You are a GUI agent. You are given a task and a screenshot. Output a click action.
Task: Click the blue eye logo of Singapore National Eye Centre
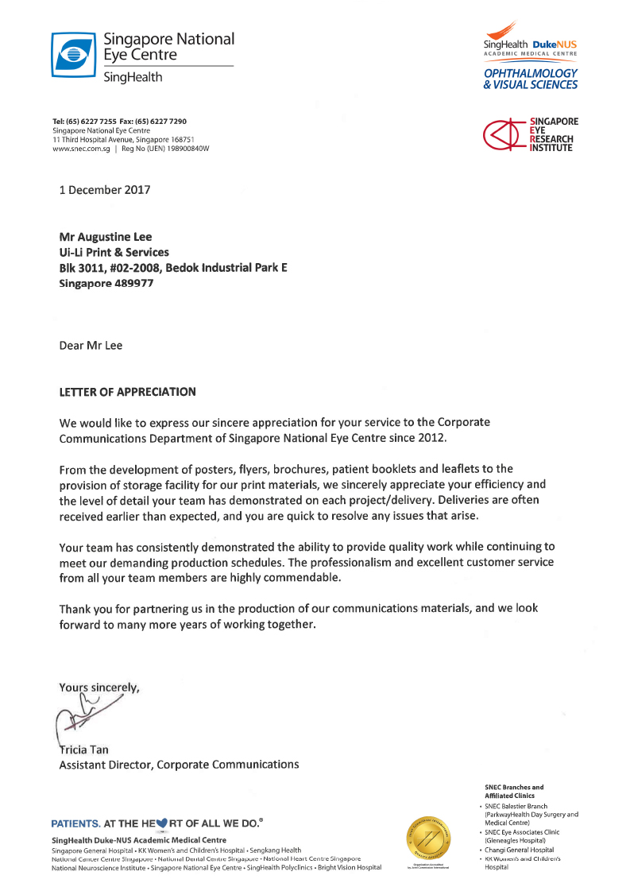coord(73,55)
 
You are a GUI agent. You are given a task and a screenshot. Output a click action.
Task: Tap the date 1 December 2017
coord(105,190)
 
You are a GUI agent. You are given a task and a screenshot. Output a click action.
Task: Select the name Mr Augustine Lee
coord(106,236)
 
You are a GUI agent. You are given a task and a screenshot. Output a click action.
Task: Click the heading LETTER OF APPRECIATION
coord(127,392)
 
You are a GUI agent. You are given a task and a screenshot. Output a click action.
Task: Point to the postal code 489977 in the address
coord(131,283)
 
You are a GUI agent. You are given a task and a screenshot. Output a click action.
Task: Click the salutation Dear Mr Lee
coord(91,345)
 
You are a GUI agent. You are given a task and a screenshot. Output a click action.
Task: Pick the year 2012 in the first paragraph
coord(431,438)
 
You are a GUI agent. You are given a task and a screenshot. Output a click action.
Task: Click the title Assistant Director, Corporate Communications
coord(180,765)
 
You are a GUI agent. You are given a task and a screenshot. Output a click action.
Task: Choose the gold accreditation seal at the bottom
coord(430,839)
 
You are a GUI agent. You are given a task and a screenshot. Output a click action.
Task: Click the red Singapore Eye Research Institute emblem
coord(505,134)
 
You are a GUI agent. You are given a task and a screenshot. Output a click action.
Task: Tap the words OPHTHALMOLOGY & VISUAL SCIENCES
coord(531,79)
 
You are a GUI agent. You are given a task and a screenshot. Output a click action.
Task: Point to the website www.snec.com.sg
coord(82,148)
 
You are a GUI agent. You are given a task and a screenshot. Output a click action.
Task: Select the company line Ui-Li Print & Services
coord(114,252)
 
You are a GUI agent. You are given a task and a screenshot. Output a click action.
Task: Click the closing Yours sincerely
coord(99,688)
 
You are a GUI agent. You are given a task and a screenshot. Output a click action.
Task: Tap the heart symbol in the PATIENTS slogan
coord(164,823)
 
